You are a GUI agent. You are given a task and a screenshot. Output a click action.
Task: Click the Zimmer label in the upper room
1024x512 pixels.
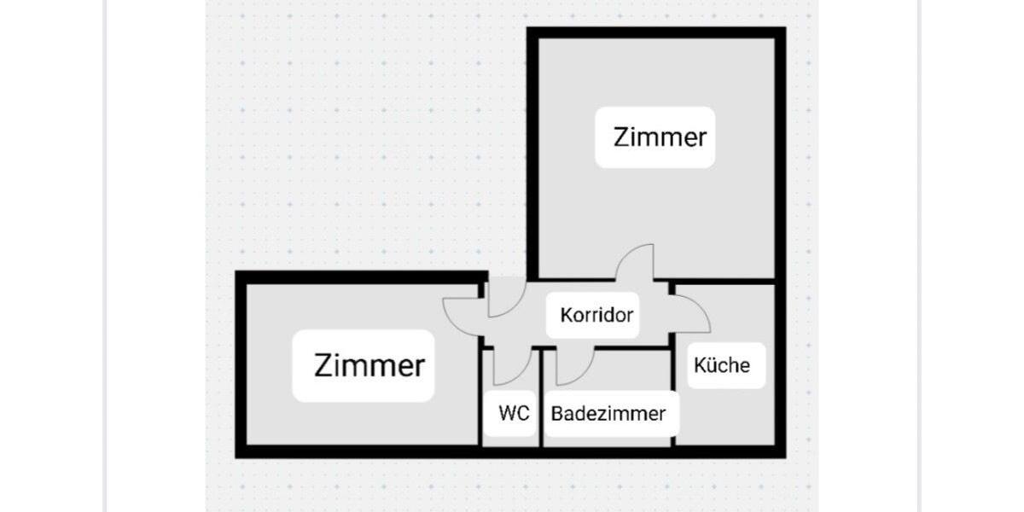pyautogui.click(x=660, y=137)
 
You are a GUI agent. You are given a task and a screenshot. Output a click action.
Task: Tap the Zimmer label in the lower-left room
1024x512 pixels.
pyautogui.click(x=369, y=365)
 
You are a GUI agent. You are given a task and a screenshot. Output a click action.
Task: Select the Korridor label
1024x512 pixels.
pyautogui.click(x=596, y=315)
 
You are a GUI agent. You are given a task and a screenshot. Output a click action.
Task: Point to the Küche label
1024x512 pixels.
pyautogui.click(x=722, y=365)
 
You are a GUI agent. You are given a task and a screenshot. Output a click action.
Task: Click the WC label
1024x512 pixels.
pyautogui.click(x=514, y=414)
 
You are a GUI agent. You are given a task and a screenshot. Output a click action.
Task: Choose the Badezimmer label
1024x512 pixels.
pyautogui.click(x=608, y=414)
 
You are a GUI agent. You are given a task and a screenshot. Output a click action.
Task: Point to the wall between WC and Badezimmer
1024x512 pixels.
pyautogui.click(x=542, y=401)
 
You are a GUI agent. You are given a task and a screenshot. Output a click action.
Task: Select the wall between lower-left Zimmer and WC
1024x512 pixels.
pyautogui.click(x=480, y=401)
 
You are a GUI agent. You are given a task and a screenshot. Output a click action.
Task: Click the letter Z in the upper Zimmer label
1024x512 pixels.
pyautogui.click(x=621, y=137)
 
